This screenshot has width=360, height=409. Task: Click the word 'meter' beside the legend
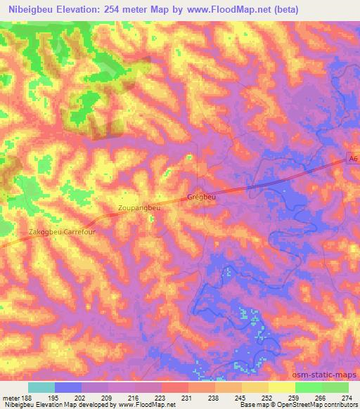pos(11,398)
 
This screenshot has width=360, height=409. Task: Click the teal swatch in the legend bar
pos(41,387)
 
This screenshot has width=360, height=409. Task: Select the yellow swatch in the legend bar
pos(282,387)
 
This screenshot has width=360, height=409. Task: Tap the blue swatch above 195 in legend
pos(68,387)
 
